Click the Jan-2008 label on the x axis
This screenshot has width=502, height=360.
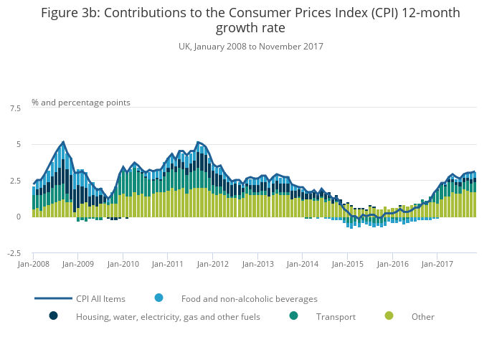tap(33, 264)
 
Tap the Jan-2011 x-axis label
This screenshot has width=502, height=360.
tap(167, 264)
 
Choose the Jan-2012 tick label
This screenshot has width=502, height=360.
tap(212, 264)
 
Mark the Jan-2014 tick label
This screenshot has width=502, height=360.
tap(302, 264)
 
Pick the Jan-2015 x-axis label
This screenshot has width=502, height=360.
tap(346, 264)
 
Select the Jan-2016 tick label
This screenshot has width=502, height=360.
tap(392, 264)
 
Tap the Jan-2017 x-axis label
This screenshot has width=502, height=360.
tap(436, 264)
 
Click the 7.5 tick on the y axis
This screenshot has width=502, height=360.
tap(14, 108)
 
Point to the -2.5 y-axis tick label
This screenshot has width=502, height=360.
tap(13, 253)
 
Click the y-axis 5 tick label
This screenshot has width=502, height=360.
tap(18, 145)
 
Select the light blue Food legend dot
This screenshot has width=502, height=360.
tap(158, 298)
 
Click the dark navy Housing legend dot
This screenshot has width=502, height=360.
tap(53, 316)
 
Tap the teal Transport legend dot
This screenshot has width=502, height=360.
tap(293, 316)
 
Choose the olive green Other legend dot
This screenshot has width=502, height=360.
tap(389, 316)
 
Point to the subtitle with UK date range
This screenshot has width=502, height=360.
tap(251, 47)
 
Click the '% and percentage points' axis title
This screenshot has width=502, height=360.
tap(81, 103)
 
